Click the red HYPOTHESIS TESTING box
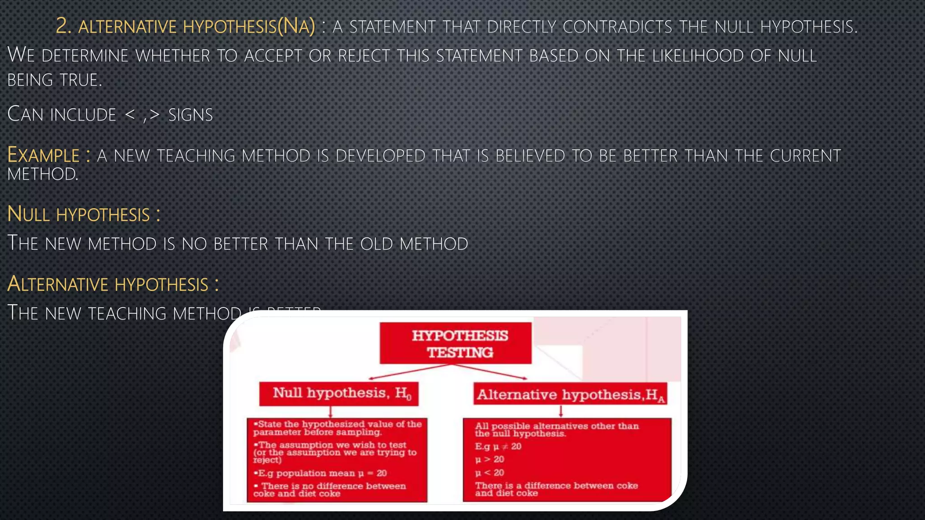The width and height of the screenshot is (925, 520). (x=455, y=344)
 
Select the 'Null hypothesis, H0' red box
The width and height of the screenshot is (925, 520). (x=339, y=394)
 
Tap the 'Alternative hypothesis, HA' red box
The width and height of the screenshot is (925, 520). (x=570, y=395)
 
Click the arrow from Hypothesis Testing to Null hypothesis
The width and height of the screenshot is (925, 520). (x=406, y=371)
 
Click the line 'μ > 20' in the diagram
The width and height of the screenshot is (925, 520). (x=490, y=460)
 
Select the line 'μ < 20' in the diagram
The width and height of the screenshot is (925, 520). (x=490, y=473)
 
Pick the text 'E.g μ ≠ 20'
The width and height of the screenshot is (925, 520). (x=498, y=446)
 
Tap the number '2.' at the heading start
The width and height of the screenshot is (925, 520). (x=64, y=26)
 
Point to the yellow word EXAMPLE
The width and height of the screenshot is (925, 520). (x=43, y=155)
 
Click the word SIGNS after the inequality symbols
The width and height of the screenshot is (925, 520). (x=190, y=115)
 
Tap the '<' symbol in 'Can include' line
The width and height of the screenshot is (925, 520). (x=130, y=115)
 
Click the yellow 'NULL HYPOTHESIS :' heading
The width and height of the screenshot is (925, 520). (x=84, y=214)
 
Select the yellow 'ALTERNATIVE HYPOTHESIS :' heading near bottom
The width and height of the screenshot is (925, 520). (x=113, y=284)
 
